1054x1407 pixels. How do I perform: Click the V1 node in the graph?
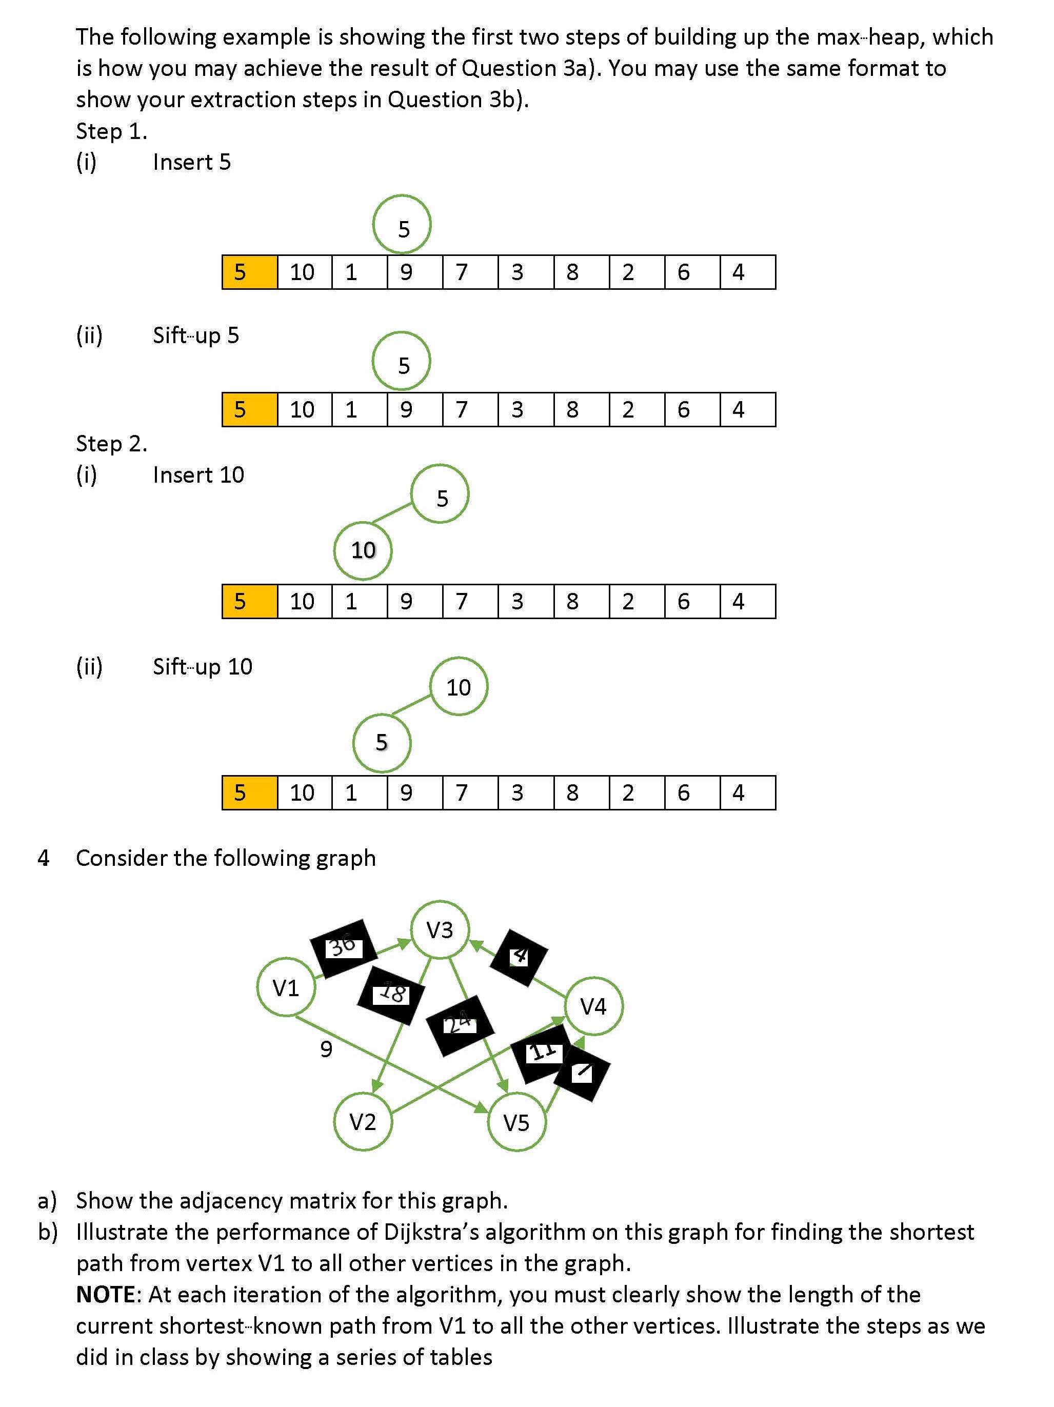tap(286, 987)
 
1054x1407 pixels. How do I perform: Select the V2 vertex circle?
tap(363, 1121)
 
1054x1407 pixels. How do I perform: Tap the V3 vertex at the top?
tap(440, 929)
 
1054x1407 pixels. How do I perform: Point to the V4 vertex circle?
tap(593, 1006)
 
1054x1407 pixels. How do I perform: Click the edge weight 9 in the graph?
tap(326, 1049)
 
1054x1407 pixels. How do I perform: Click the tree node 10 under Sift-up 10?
tap(459, 687)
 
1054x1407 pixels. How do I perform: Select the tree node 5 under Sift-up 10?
tap(382, 742)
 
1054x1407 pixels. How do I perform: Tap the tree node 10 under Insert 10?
tap(363, 550)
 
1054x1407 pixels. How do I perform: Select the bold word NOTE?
tap(106, 1295)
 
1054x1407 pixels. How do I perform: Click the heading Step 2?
tap(111, 443)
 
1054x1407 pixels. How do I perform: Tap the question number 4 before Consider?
tap(43, 858)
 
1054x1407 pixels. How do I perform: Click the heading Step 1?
tap(111, 131)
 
